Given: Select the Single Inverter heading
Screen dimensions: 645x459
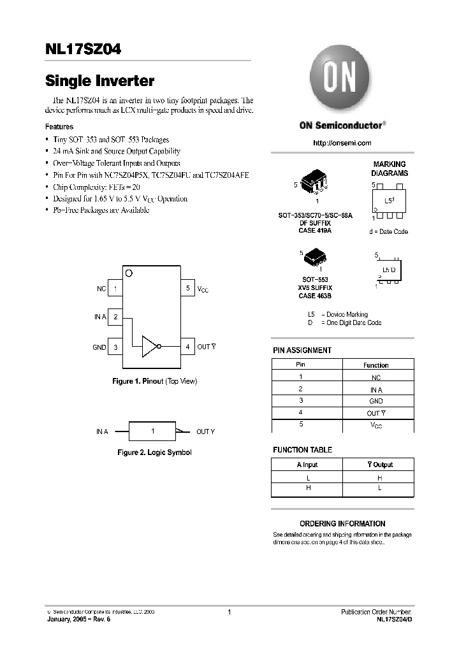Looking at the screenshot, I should [100, 82].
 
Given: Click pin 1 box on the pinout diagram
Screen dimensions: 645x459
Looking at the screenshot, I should [115, 289].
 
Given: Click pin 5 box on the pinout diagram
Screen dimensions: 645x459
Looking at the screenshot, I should [187, 289].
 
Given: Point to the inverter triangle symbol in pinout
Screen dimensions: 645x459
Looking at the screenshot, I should [149, 346].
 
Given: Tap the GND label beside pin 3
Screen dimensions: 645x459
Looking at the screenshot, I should [99, 347].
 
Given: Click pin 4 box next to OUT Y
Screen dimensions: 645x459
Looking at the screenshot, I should [187, 347].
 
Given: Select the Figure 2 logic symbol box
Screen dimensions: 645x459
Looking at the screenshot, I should [152, 431].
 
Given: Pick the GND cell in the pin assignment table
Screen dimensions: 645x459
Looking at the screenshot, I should [376, 401].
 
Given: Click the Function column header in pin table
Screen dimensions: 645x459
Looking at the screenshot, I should [376, 365].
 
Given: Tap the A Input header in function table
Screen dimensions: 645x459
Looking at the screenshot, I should [307, 465].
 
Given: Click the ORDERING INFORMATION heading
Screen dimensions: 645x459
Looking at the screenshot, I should [342, 523].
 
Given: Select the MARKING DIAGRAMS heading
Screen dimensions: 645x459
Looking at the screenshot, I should [389, 168].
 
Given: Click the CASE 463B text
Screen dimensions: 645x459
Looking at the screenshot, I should [316, 296].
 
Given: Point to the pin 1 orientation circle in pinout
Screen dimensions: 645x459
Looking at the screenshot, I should [129, 273].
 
